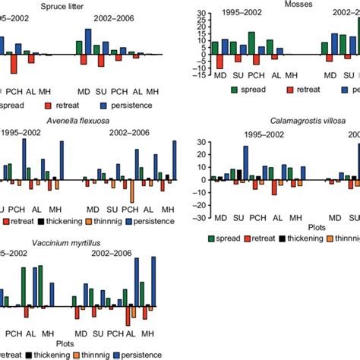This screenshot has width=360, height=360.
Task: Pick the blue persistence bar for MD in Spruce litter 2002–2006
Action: pos(89,42)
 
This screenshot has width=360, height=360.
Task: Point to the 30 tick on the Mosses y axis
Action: pos(200,14)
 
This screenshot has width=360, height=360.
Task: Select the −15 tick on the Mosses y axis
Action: pos(198,74)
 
